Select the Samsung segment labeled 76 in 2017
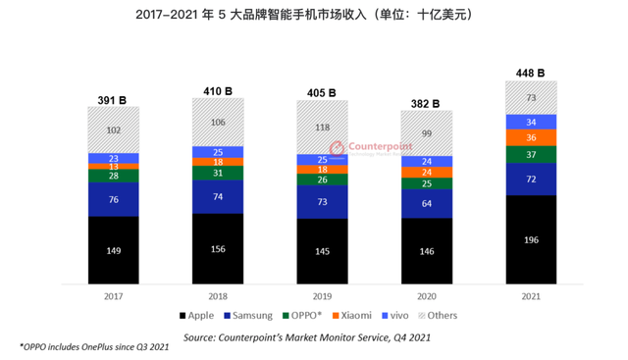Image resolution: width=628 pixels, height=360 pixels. (113, 200)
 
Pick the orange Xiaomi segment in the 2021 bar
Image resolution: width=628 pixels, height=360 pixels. (531, 137)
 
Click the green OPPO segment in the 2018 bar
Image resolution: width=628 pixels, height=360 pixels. (217, 173)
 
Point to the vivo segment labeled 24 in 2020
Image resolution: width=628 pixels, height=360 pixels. (427, 161)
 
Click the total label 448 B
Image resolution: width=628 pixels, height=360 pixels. (530, 72)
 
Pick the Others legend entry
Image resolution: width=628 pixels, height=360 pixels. (437, 316)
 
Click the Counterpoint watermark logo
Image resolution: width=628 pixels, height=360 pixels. (362, 146)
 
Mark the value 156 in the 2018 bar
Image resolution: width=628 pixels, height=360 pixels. (217, 248)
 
